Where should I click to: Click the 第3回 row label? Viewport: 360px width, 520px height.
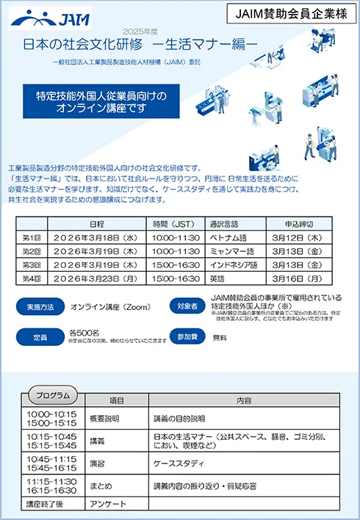(x=32, y=264)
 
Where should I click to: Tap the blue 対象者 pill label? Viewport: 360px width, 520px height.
(x=184, y=306)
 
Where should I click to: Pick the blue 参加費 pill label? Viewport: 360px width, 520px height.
(x=184, y=336)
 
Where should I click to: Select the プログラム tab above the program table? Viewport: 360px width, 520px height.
(x=52, y=395)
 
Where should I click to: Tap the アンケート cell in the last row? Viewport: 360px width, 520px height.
(x=107, y=505)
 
